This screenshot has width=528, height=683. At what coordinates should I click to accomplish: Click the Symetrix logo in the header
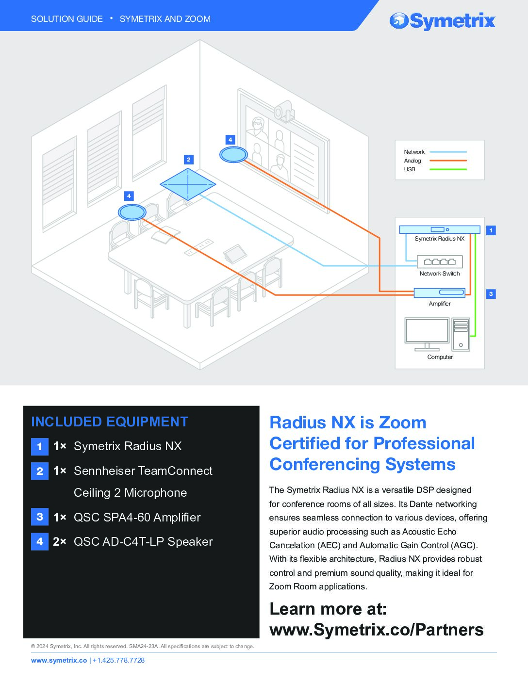coord(442,21)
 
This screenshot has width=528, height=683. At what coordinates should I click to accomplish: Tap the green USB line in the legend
coord(448,169)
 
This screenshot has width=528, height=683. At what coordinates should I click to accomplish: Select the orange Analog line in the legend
coord(448,161)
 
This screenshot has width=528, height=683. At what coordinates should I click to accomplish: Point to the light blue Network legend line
coord(448,152)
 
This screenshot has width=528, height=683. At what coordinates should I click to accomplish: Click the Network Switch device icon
coord(440,261)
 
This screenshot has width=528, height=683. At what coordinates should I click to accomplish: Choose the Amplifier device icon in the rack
coord(439,293)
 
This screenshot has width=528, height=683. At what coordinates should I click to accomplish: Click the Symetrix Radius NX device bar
coord(440,229)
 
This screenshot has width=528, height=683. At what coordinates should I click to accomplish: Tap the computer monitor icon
coord(427,334)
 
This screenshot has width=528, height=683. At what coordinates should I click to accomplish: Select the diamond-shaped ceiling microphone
coord(188,184)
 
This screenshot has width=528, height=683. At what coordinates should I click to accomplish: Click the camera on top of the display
coord(284,111)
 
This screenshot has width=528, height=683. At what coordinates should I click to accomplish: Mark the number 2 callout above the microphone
coord(188,160)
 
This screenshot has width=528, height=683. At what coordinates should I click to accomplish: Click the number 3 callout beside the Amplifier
coord(491,294)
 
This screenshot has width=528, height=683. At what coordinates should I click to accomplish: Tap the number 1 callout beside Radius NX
coord(491,230)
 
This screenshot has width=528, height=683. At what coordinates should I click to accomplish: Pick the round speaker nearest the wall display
coord(233,155)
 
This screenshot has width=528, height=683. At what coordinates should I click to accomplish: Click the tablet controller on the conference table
coord(235,253)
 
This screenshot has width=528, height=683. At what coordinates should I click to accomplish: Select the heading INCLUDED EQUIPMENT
coord(110,422)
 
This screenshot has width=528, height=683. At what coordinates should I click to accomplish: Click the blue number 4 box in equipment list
coord(40,541)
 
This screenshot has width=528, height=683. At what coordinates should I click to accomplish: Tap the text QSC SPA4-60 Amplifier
coord(137,518)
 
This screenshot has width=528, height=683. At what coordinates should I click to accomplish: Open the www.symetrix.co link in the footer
coord(59,660)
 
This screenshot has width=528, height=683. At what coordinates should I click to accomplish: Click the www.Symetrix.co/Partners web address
coord(377,630)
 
